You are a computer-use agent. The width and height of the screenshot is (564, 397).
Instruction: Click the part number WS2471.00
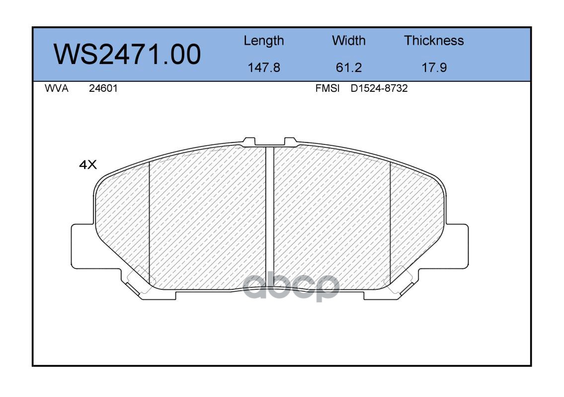[x=127, y=55]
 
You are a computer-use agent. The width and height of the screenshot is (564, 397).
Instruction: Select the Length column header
[x=264, y=41]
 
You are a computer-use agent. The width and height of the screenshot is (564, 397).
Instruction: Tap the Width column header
[x=348, y=40]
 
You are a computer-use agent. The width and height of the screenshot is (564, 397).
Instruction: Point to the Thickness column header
[x=434, y=40]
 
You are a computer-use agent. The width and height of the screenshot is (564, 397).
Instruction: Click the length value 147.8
[x=264, y=67]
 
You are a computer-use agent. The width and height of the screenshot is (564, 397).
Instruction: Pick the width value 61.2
[x=348, y=67]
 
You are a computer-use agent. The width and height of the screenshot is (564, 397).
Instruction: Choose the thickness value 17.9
[x=434, y=67]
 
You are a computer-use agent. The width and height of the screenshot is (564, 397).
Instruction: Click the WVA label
[x=57, y=88]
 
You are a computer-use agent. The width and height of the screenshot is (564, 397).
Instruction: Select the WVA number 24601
[x=103, y=88]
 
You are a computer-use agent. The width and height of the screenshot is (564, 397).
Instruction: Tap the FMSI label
[x=327, y=88]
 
